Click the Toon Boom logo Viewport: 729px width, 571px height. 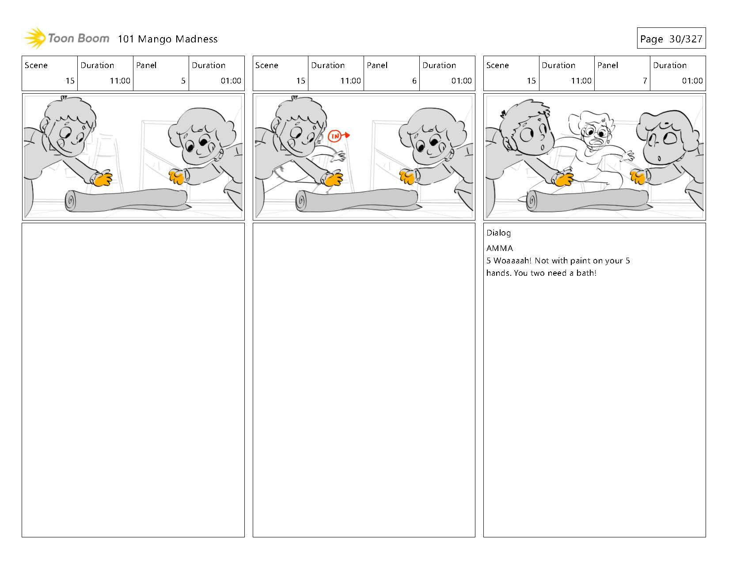pyautogui.click(x=66, y=38)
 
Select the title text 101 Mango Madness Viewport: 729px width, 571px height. pyautogui.click(x=167, y=39)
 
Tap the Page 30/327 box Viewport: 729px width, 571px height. pyautogui.click(x=671, y=38)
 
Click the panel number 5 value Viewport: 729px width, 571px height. pyautogui.click(x=183, y=80)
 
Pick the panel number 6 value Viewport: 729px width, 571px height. pyautogui.click(x=414, y=80)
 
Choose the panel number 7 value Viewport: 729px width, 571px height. pyautogui.click(x=645, y=80)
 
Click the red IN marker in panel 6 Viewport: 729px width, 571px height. pyautogui.click(x=335, y=136)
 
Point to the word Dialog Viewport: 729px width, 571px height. pyautogui.click(x=498, y=233)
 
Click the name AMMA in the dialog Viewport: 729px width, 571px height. pyautogui.click(x=500, y=248)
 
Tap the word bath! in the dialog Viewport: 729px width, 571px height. pyautogui.click(x=586, y=273)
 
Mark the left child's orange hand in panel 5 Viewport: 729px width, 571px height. pyautogui.click(x=103, y=179)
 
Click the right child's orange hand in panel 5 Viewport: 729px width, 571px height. pyautogui.click(x=177, y=177)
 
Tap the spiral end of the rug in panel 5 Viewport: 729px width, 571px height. pyautogui.click(x=72, y=202)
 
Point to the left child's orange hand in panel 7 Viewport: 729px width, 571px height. pyautogui.click(x=564, y=179)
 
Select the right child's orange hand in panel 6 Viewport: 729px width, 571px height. pyautogui.click(x=408, y=177)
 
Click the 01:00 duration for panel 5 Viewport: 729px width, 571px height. pyautogui.click(x=231, y=80)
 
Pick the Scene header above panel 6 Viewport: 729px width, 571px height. pyautogui.click(x=267, y=65)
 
